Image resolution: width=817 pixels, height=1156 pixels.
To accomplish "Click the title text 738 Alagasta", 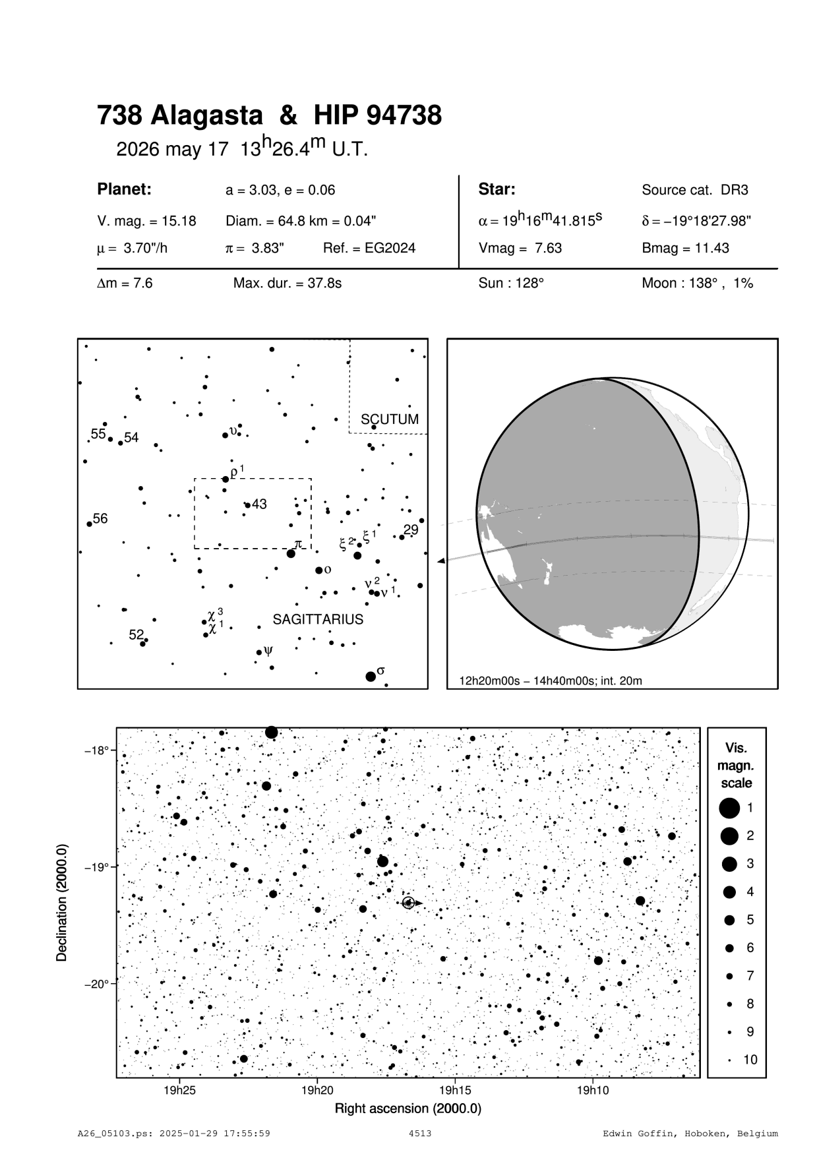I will [179, 116].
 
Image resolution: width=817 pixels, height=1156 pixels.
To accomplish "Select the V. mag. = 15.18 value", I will [146, 222].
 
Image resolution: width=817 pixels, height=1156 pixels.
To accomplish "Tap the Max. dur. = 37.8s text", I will [287, 284].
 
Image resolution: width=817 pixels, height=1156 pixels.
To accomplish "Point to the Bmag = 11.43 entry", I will [685, 249].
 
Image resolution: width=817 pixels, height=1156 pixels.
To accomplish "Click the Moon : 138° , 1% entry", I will [697, 284].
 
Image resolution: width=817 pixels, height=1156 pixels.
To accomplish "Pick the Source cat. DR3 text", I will [695, 191].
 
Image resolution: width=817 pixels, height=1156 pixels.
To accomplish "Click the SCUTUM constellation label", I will [389, 419].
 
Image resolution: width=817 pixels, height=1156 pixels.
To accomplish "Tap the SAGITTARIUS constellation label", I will [318, 620].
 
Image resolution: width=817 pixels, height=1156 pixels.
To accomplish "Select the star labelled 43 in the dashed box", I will [247, 505].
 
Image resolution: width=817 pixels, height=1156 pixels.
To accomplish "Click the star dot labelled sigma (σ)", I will [371, 677].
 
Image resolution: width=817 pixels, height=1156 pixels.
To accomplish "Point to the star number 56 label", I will [100, 519].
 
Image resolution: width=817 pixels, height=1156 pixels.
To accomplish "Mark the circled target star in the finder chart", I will [408, 903].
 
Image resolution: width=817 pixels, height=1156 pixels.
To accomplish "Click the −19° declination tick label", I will [96, 867].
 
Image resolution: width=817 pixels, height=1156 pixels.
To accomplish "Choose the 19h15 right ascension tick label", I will [455, 1090].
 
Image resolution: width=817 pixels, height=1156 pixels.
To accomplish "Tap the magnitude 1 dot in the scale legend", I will [729, 807].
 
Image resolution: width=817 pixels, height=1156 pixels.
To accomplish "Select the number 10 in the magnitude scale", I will [750, 1060].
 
